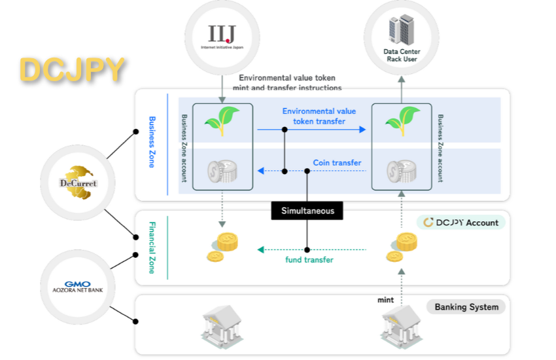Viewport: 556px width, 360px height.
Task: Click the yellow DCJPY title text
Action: pyautogui.click(x=71, y=70)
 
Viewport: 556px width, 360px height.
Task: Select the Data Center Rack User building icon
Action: pyautogui.click(x=400, y=30)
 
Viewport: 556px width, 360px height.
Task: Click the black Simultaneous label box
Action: pyautogui.click(x=307, y=211)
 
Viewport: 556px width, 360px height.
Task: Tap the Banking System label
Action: pyautogui.click(x=466, y=307)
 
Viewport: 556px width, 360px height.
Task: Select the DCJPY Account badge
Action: pyautogui.click(x=460, y=223)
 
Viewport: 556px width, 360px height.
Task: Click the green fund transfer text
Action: pyautogui.click(x=309, y=260)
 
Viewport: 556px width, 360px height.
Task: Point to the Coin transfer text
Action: pyautogui.click(x=337, y=163)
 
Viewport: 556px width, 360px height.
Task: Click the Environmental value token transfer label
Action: pyautogui.click(x=319, y=116)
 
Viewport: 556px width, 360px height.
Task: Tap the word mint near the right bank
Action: pyautogui.click(x=385, y=300)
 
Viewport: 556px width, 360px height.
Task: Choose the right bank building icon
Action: pyautogui.click(x=401, y=328)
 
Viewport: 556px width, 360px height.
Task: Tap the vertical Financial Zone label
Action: pyautogui.click(x=152, y=247)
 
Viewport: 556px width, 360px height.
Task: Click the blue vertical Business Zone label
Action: pyautogui.click(x=152, y=142)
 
